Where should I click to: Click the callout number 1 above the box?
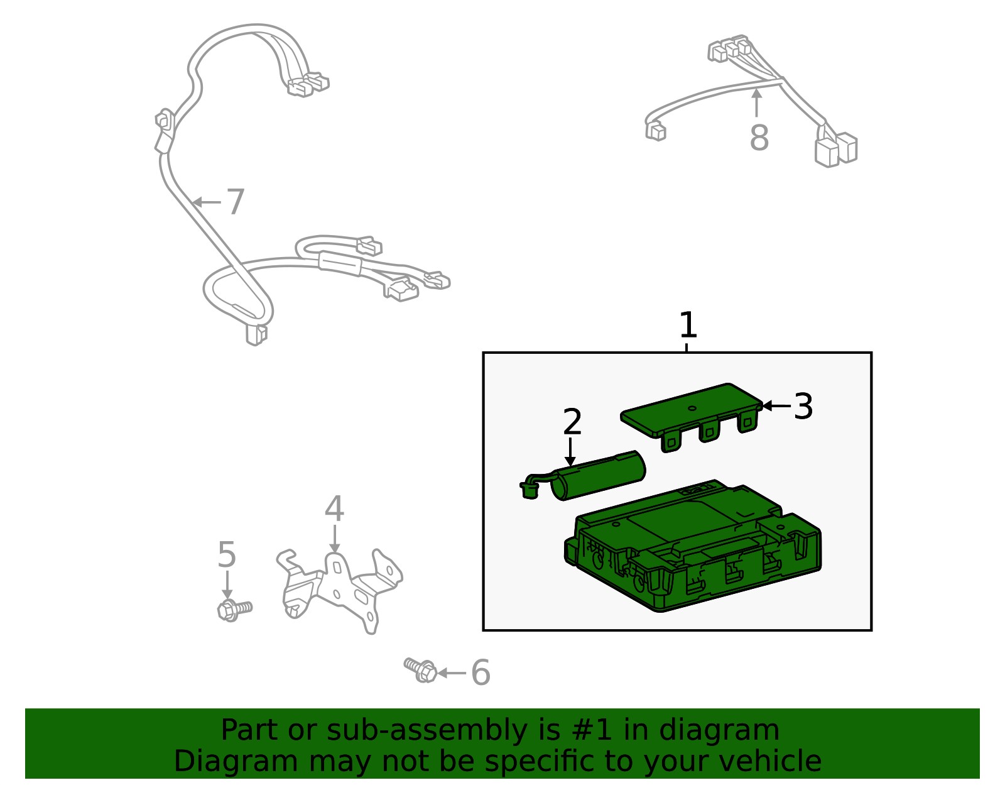[x=688, y=325]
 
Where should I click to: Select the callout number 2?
[x=572, y=422]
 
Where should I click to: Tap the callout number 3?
[x=803, y=407]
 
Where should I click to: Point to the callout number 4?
[x=334, y=508]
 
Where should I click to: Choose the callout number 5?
[x=227, y=554]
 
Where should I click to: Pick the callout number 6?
[x=481, y=672]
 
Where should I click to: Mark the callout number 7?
[x=235, y=202]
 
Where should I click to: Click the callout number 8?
[x=759, y=138]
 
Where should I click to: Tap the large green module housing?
[x=692, y=546]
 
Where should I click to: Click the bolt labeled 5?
[x=234, y=610]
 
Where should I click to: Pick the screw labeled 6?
[x=420, y=670]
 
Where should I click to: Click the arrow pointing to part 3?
[x=776, y=406]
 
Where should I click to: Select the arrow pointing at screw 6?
[x=452, y=672]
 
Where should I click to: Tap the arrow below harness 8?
[x=757, y=102]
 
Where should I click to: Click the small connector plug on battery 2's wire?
[x=529, y=490]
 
